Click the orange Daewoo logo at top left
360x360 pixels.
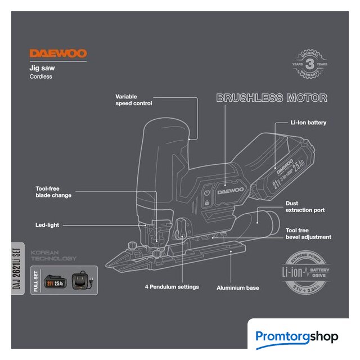click(x=58, y=54)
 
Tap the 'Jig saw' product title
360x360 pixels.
click(x=42, y=67)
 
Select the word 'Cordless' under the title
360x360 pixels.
click(x=40, y=76)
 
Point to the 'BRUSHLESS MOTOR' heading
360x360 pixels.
click(x=272, y=98)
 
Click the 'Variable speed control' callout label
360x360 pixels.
click(x=134, y=100)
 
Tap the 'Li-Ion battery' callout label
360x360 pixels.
click(x=308, y=122)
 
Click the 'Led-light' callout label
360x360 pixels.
click(x=47, y=225)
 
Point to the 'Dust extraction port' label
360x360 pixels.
click(x=305, y=206)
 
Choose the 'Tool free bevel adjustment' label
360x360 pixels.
click(x=308, y=233)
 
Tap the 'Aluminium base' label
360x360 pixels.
click(x=238, y=288)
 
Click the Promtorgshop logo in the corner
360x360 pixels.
click(x=297, y=337)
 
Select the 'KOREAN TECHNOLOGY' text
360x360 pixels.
click(x=54, y=256)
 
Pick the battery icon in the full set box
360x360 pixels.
click(x=58, y=280)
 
